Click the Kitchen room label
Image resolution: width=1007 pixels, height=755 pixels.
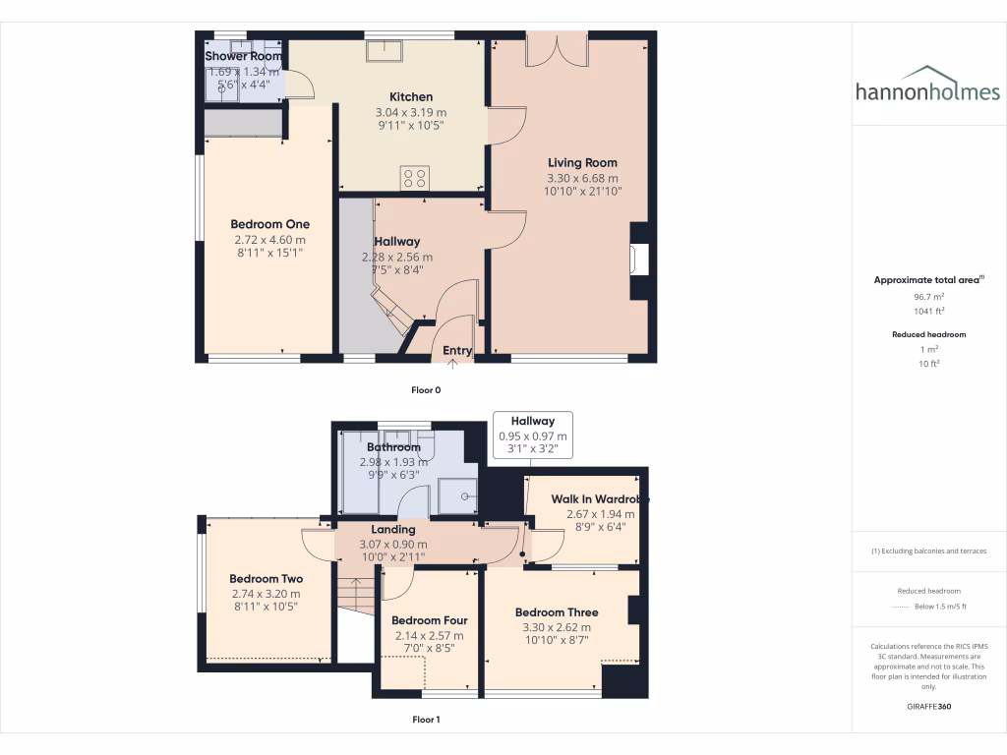coord(411,97)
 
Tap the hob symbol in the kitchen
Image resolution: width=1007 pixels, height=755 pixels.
coord(415,178)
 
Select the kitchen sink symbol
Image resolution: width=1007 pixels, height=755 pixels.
coord(380,51)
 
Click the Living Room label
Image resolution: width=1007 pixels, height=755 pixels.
coord(582,163)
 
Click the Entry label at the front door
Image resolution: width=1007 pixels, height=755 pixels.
coord(457,351)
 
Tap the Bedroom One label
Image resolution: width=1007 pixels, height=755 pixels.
coord(269,224)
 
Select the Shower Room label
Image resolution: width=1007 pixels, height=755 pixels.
coord(243,57)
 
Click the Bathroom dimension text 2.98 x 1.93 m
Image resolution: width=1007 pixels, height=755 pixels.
coord(393,462)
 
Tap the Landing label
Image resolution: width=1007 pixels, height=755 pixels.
coord(392,530)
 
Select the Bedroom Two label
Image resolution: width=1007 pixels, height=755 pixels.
coord(266,579)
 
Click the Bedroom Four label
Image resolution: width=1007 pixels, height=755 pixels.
coord(429,620)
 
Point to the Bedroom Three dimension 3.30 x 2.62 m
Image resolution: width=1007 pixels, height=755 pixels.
coord(556,627)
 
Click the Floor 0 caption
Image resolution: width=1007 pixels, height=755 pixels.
coord(426,390)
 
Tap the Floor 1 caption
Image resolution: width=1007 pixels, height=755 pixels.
coord(426,720)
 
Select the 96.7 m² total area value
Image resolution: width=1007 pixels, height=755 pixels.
coord(928,296)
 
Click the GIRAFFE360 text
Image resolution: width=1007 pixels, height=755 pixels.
coord(928,707)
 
